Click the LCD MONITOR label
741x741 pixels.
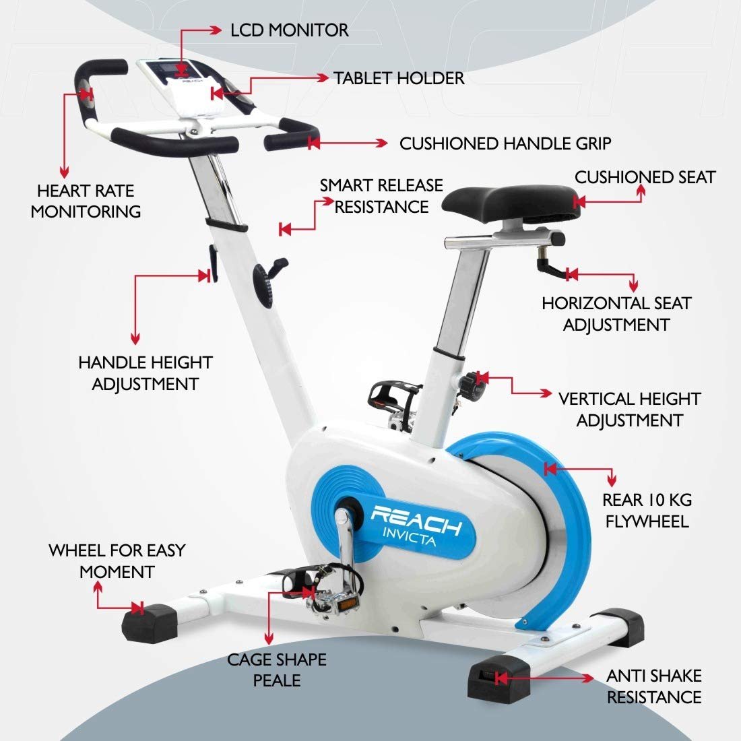[289, 30]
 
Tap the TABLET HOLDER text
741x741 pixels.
[399, 78]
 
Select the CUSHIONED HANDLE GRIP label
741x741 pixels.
[505, 143]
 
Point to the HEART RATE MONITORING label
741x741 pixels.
[86, 201]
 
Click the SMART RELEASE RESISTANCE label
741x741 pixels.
[381, 195]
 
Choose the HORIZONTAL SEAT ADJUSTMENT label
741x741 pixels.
[616, 314]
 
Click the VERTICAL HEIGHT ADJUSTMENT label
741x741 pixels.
[629, 410]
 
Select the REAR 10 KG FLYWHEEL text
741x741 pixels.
[647, 511]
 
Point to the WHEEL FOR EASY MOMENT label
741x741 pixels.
[117, 561]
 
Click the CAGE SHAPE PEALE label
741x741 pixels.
[276, 670]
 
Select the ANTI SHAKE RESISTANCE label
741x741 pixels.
[653, 686]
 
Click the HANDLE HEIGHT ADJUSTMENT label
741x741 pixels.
[145, 373]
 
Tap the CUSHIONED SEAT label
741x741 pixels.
[645, 177]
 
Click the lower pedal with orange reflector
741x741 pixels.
[335, 602]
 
